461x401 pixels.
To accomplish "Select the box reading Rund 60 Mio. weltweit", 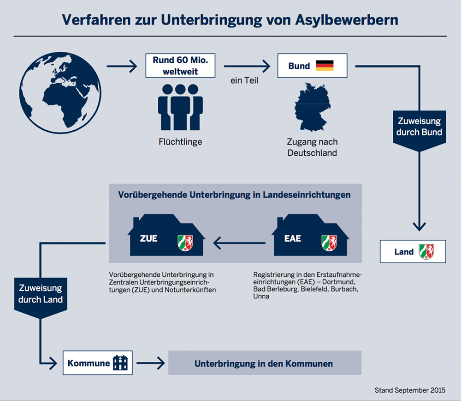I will pyautogui.click(x=180, y=66).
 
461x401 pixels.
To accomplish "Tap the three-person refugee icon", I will pyautogui.click(x=180, y=107).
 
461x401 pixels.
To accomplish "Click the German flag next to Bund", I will pyautogui.click(x=325, y=66).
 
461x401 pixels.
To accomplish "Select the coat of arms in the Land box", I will pyautogui.click(x=426, y=252).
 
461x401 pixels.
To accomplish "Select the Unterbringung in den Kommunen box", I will pyautogui.click(x=264, y=363).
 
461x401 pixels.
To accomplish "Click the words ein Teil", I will pyautogui.click(x=244, y=80).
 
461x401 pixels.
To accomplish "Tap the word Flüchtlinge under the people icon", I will pyautogui.click(x=180, y=141).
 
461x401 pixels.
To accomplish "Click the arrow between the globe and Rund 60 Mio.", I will pyautogui.click(x=122, y=67).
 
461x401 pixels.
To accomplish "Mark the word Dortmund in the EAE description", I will pyautogui.click(x=339, y=281).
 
